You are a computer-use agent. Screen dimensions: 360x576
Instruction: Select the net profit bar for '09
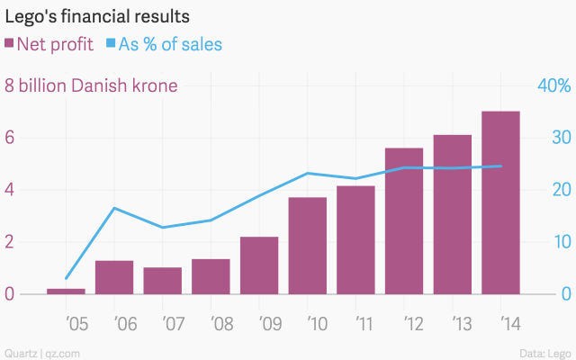pyautogui.click(x=259, y=265)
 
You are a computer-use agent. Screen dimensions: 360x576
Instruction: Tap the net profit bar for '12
pyautogui.click(x=404, y=220)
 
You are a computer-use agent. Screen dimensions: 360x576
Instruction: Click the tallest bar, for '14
pyautogui.click(x=500, y=202)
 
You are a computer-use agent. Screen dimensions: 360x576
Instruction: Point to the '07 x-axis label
pyautogui.click(x=163, y=321)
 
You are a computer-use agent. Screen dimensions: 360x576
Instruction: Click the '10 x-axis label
pyautogui.click(x=308, y=321)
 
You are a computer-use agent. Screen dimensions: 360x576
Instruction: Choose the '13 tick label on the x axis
pyautogui.click(x=453, y=321)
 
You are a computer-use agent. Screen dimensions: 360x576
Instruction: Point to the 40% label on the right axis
pyautogui.click(x=553, y=86)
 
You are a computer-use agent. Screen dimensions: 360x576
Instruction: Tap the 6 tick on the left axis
pyautogui.click(x=10, y=138)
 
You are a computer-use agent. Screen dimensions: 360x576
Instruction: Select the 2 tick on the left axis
pyautogui.click(x=10, y=242)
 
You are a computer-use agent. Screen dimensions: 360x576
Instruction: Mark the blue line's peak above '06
pyautogui.click(x=114, y=208)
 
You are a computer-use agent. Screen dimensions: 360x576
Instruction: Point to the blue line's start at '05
pyautogui.click(x=66, y=278)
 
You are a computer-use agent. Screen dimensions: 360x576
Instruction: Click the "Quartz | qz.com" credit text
pyautogui.click(x=42, y=352)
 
